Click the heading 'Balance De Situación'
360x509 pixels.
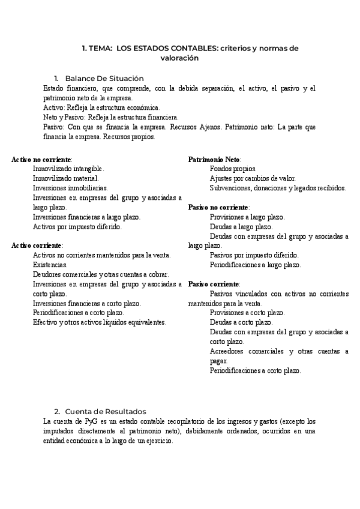pyautogui.click(x=104, y=79)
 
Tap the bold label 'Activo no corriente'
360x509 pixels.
pyautogui.click(x=41, y=160)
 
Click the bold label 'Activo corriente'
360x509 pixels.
pyautogui.click(x=37, y=245)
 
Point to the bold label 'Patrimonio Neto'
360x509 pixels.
pyautogui.click(x=215, y=160)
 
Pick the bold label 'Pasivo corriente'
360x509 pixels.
pyautogui.click(x=214, y=284)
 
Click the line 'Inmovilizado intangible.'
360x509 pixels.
pyautogui.click(x=68, y=169)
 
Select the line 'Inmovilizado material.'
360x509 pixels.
pyautogui.click(x=65, y=178)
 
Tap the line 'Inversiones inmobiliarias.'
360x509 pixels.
pyautogui.click(x=70, y=188)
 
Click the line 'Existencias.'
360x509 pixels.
pyautogui.click(x=50, y=265)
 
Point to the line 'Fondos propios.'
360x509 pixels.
pyautogui.click(x=233, y=169)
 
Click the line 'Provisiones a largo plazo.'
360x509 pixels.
pyautogui.click(x=247, y=217)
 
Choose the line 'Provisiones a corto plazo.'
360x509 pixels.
pyautogui.click(x=247, y=313)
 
